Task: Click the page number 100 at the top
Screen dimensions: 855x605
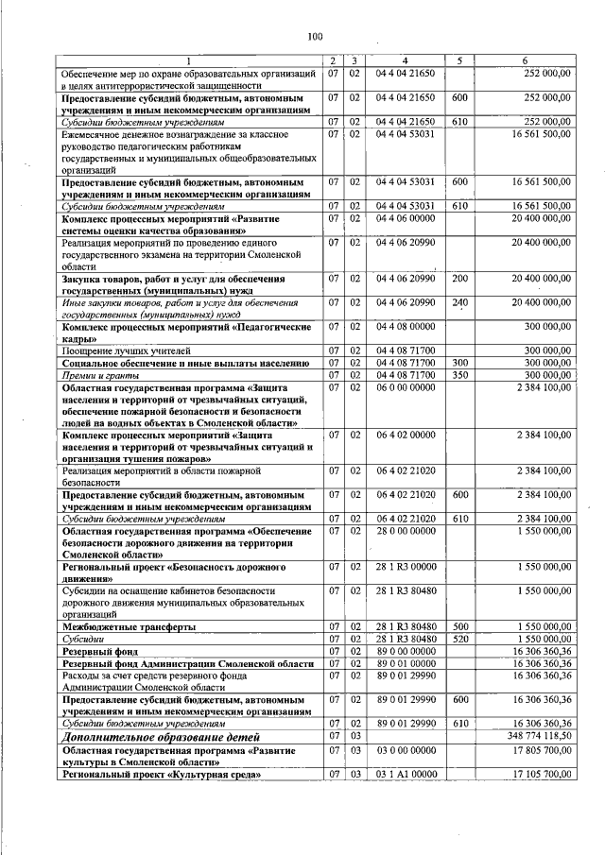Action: pos(315,37)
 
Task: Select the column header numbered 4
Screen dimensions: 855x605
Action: pos(405,61)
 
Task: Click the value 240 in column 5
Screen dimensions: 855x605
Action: pos(460,302)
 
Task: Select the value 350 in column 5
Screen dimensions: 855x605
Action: pos(460,375)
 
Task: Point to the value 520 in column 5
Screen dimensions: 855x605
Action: pos(460,640)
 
